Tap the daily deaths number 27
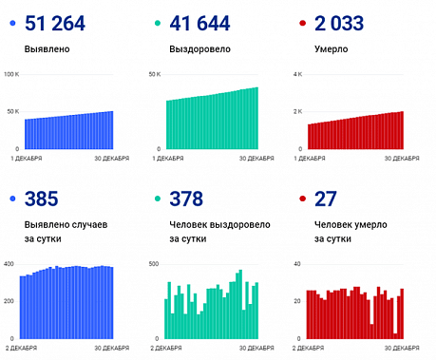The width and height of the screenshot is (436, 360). (324, 199)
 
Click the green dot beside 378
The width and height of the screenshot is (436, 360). (157, 199)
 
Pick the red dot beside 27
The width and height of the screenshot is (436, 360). (302, 199)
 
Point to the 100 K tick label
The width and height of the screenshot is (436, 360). (12, 74)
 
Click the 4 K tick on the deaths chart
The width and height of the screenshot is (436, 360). (297, 74)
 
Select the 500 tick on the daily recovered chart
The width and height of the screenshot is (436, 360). (155, 264)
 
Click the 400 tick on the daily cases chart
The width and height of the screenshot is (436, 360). (9, 264)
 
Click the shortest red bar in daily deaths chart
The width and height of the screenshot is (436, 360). (394, 335)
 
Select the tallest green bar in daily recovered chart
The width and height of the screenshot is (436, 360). (238, 305)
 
